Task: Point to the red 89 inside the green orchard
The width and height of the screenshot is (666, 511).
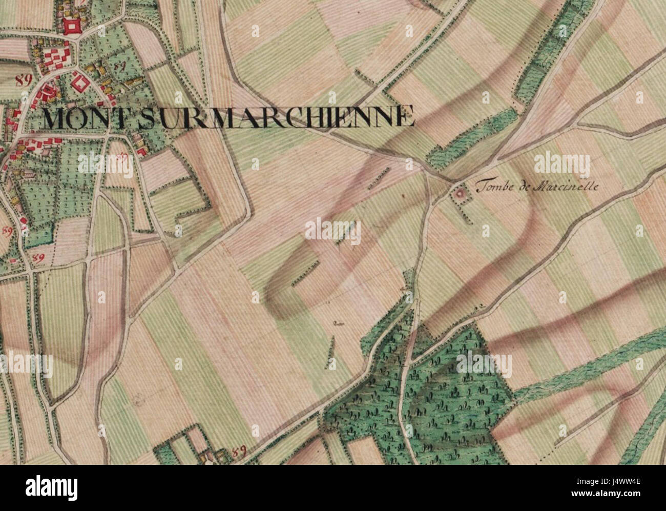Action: (x=121, y=66)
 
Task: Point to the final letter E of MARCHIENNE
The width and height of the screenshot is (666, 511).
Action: (x=407, y=116)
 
